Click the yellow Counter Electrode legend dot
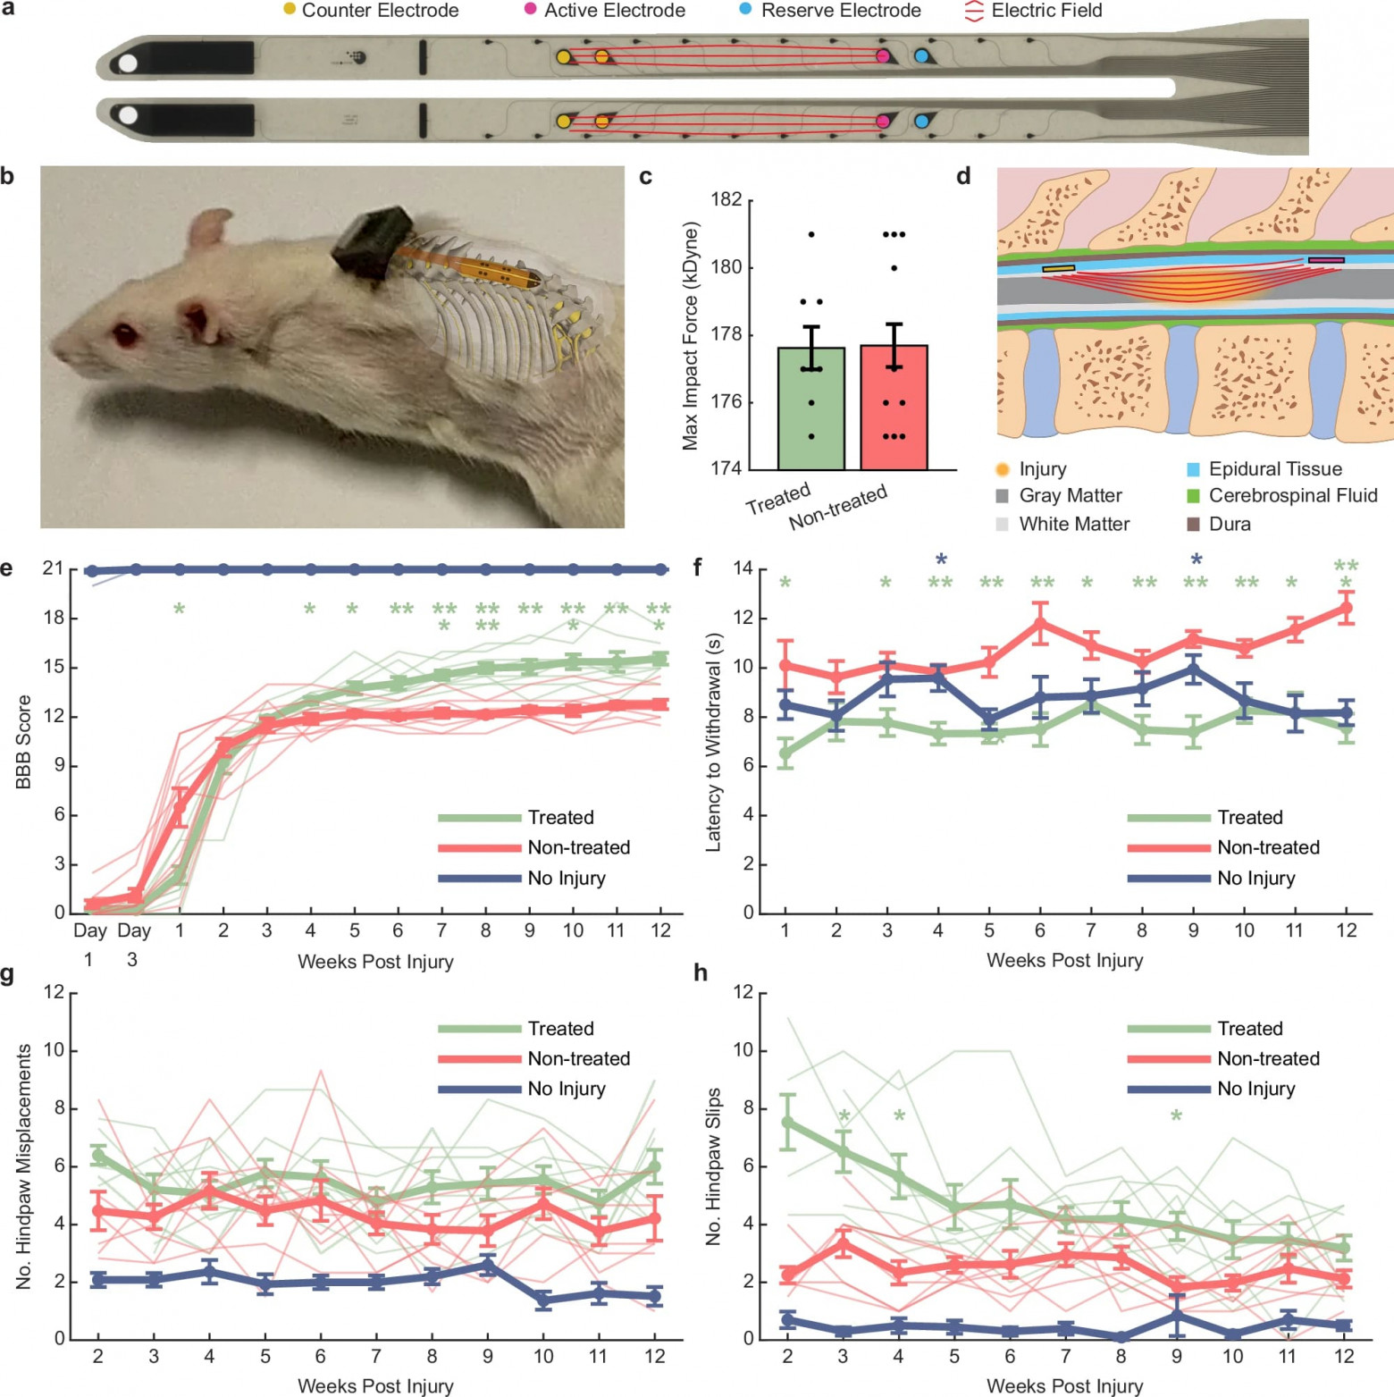[290, 9]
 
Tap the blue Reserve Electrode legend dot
[745, 9]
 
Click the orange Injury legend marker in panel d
[1003, 469]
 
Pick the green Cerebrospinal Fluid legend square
[1192, 495]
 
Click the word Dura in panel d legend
[1230, 524]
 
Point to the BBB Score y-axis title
[23, 741]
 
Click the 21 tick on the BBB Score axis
[53, 568]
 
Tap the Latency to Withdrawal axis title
[713, 742]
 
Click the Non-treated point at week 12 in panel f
[1346, 609]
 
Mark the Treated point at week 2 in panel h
[788, 1122]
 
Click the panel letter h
[701, 972]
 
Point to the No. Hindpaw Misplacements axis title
[23, 1166]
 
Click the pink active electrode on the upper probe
[883, 56]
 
